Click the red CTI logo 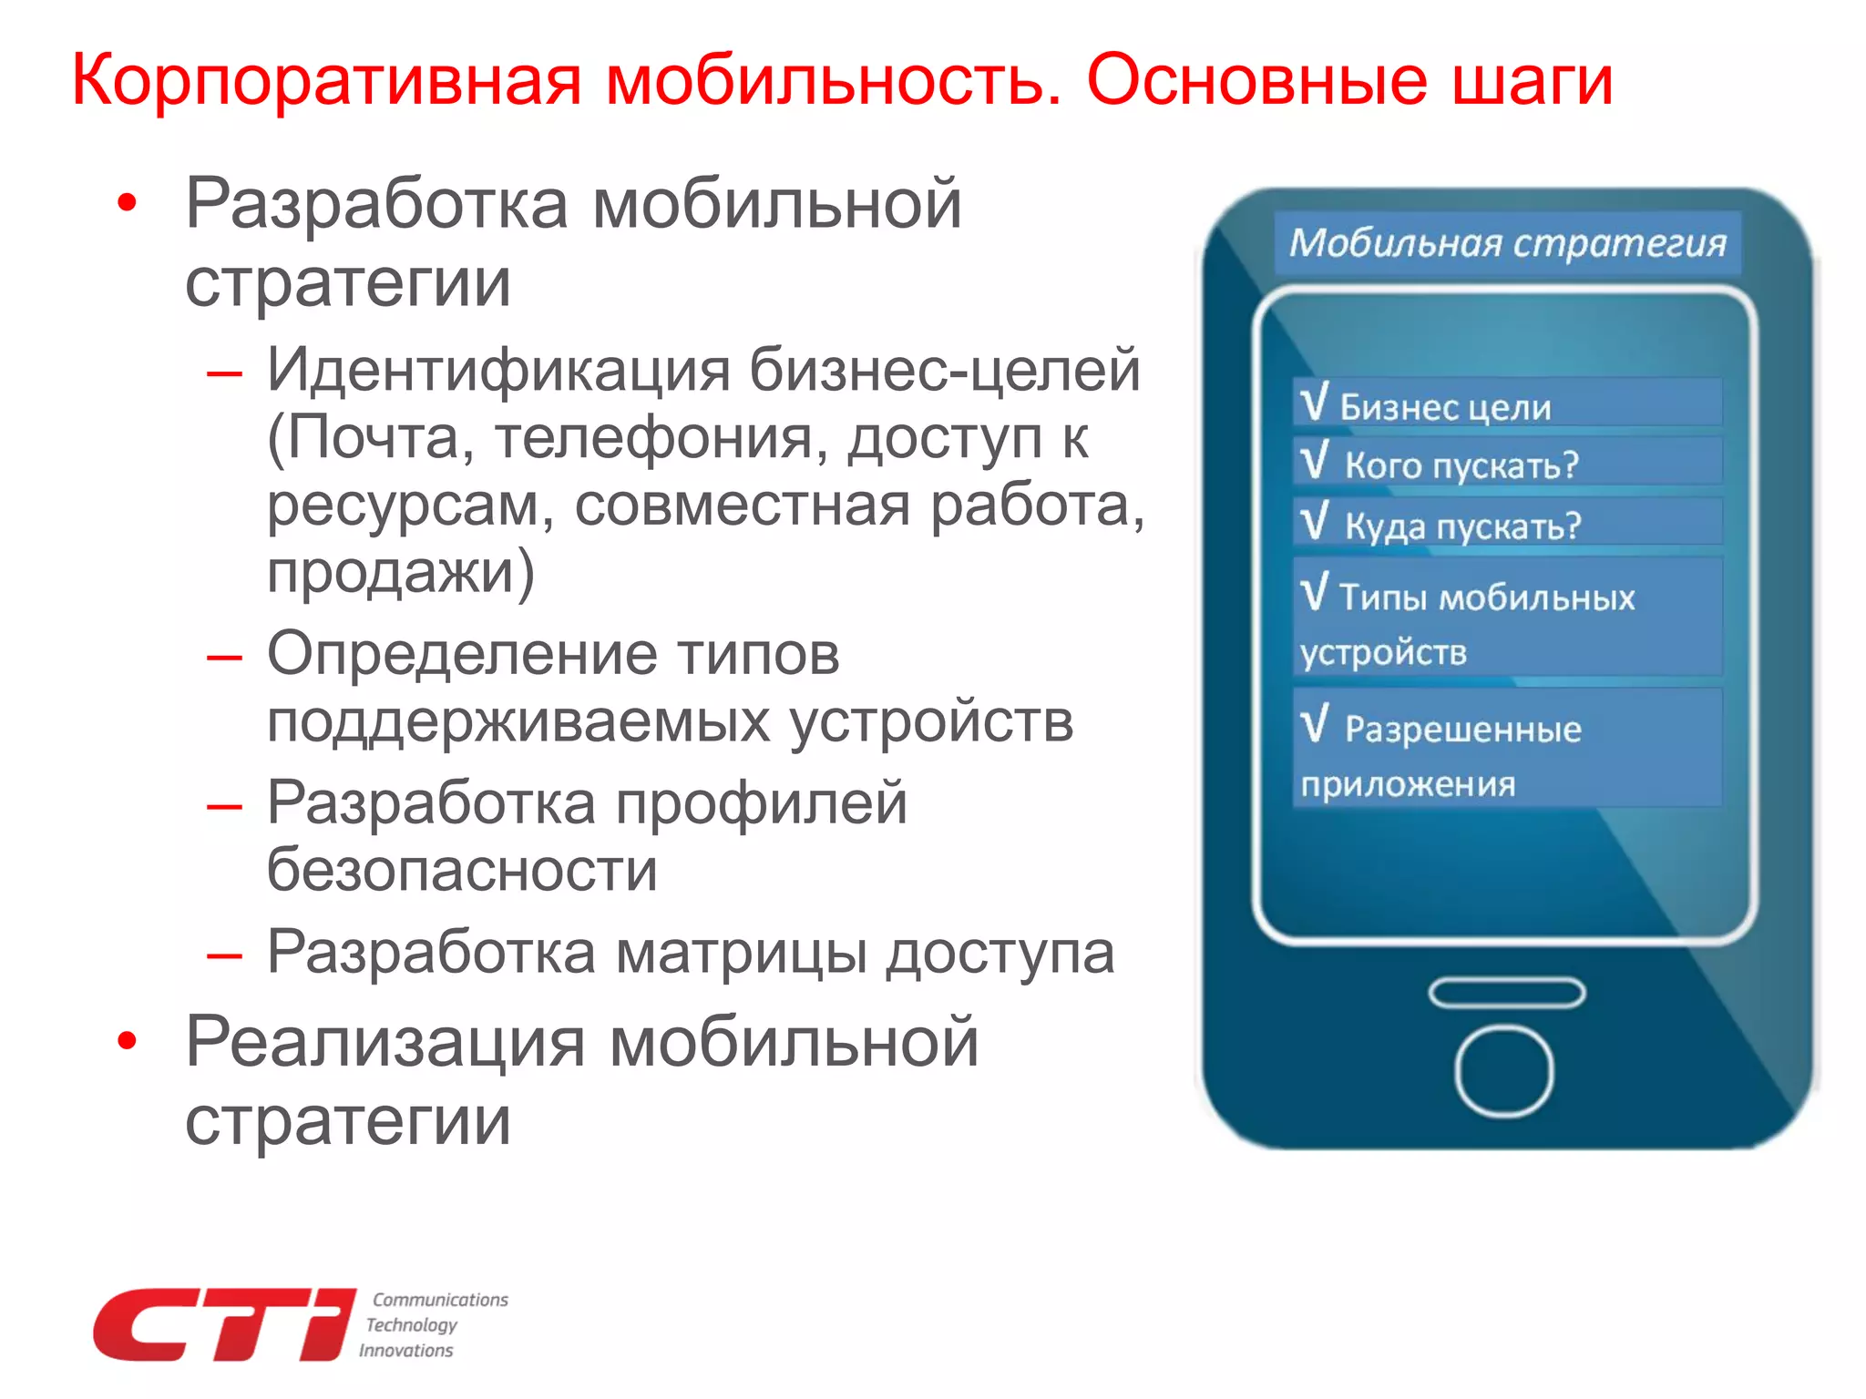point(224,1324)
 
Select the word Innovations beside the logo point(405,1351)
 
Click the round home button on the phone point(1503,1070)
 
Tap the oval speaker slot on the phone point(1506,993)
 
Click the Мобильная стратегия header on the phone point(1507,243)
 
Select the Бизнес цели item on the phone point(1445,406)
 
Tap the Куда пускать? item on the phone point(1462,526)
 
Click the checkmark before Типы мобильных point(1315,592)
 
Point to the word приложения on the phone point(1408,784)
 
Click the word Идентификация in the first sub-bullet point(499,371)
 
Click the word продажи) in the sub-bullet point(401,573)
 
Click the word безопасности point(462,870)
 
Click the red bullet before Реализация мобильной point(128,1040)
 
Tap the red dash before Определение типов point(224,657)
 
